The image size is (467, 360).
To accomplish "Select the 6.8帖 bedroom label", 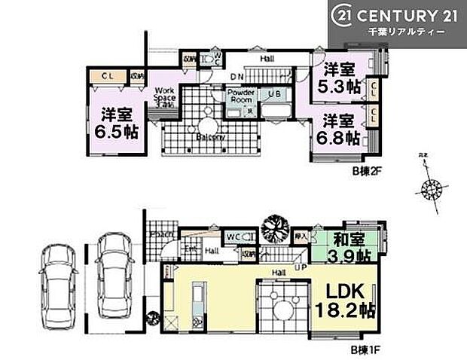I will coord(340,127).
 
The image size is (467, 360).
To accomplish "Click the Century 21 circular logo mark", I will coord(343,16).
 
